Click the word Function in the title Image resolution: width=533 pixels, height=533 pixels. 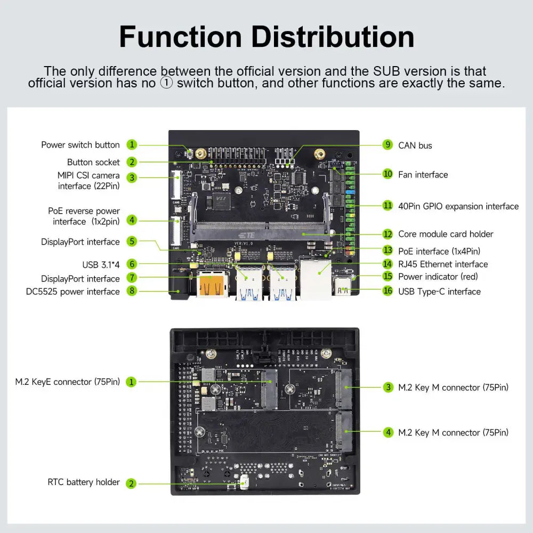(x=180, y=37)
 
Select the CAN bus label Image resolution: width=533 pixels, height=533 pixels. (x=415, y=146)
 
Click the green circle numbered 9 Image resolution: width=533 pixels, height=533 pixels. (x=387, y=145)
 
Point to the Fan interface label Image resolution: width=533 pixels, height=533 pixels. (x=423, y=174)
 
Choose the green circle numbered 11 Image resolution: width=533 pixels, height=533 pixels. (x=387, y=206)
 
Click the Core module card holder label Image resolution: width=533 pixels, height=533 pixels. (x=446, y=234)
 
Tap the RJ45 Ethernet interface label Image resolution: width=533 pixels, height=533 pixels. (x=442, y=264)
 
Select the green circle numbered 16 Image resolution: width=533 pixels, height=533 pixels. (x=387, y=291)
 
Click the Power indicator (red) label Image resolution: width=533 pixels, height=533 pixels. (x=438, y=276)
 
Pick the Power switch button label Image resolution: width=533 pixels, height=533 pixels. (x=80, y=145)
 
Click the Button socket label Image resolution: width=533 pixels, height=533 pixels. (x=93, y=162)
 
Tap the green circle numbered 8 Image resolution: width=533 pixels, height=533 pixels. (x=132, y=291)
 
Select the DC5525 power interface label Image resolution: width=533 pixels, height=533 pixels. (x=73, y=292)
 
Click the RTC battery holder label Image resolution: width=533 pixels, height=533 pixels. (x=84, y=482)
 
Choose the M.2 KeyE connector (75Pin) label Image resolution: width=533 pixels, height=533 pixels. (x=67, y=382)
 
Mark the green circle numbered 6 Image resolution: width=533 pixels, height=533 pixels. (x=132, y=264)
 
